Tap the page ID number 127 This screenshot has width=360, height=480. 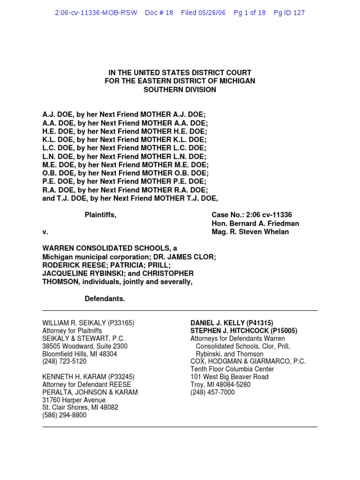[299, 13]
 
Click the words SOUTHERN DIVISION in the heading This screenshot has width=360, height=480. [180, 90]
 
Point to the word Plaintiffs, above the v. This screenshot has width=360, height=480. [100, 215]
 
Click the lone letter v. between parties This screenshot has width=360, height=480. [45, 232]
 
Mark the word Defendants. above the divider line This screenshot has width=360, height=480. [105, 299]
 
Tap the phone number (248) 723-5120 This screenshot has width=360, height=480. [64, 361]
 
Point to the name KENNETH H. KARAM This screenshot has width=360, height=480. [74, 377]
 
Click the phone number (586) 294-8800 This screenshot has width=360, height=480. [64, 415]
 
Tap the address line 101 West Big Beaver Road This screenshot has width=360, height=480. [229, 377]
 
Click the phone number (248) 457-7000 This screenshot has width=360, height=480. [212, 392]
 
